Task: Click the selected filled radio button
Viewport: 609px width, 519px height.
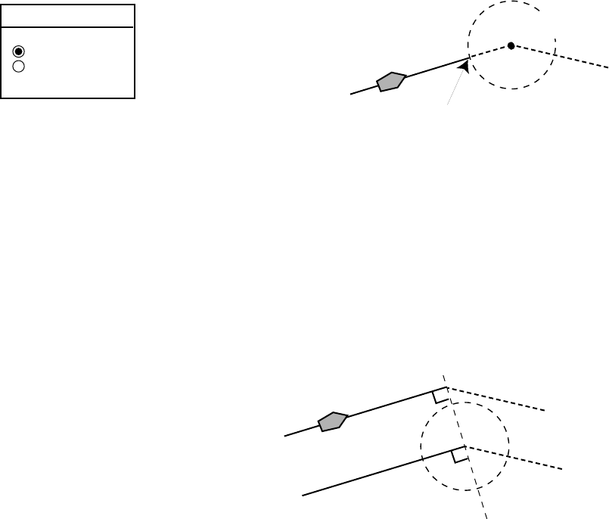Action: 20,51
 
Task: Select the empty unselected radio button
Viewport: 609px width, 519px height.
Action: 20,66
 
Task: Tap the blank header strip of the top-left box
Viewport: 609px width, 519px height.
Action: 68,16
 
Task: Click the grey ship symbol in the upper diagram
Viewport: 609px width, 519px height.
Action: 392,81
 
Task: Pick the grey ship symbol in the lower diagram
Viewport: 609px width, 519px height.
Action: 333,421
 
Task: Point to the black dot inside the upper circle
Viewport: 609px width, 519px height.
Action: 511,46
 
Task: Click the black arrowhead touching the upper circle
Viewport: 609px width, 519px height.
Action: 465,67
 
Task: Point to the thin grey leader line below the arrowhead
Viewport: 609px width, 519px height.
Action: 455,90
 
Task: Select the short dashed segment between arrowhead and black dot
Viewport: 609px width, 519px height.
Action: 490,52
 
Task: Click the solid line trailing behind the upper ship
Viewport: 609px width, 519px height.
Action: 363,90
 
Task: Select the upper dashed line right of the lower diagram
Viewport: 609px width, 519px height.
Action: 499,399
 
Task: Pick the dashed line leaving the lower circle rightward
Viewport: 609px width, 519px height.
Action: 530,462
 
